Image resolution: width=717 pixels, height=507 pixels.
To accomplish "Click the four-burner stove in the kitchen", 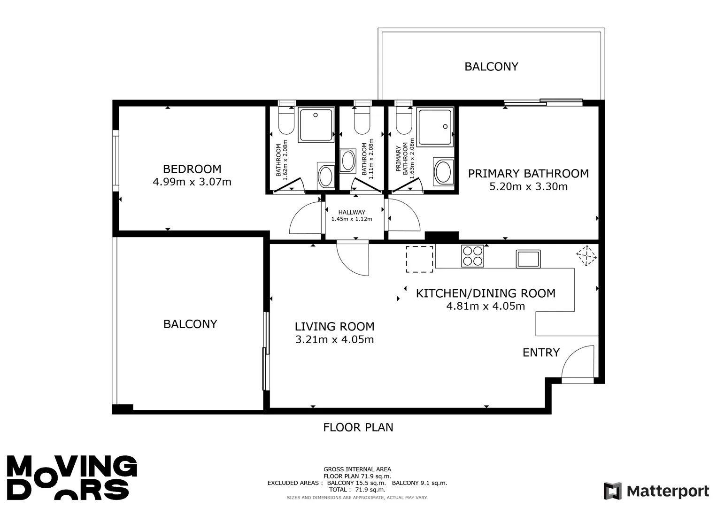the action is point(472,256).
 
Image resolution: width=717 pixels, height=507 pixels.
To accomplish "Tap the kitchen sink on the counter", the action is point(528,259).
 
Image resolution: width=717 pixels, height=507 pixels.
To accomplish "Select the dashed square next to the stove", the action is point(419,259).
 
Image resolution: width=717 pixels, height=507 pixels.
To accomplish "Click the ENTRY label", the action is point(541,353).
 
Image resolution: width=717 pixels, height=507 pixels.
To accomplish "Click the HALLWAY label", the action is point(352,212).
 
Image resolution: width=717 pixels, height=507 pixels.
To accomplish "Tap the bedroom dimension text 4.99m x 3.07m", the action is point(192,182).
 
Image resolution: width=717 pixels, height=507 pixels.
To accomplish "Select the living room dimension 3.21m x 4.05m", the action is point(334,339).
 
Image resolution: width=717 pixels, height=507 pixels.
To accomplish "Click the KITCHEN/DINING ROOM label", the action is point(486,293).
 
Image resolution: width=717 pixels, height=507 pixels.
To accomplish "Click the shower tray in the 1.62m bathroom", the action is point(316,124).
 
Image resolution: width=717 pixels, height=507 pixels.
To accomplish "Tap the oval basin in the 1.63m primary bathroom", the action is point(443,172).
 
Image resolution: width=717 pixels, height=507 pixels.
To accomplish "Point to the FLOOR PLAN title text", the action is point(358,427).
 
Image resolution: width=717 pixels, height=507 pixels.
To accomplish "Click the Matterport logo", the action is point(656,491).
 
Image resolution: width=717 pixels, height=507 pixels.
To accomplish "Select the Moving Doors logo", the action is point(72,477).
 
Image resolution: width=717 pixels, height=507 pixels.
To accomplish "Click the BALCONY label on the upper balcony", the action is point(491,67).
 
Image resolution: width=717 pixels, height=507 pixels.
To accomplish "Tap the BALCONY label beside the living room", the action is point(190,324).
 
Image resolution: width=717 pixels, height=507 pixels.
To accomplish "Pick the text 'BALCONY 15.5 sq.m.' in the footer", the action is point(356,483).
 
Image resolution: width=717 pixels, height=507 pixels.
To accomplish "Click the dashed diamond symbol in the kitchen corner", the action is point(586,255).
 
